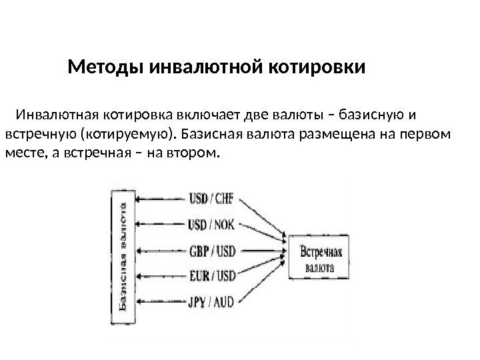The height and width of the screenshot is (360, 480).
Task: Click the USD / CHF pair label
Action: pyautogui.click(x=213, y=199)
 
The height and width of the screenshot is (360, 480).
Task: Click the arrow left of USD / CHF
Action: pyautogui.click(x=161, y=199)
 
